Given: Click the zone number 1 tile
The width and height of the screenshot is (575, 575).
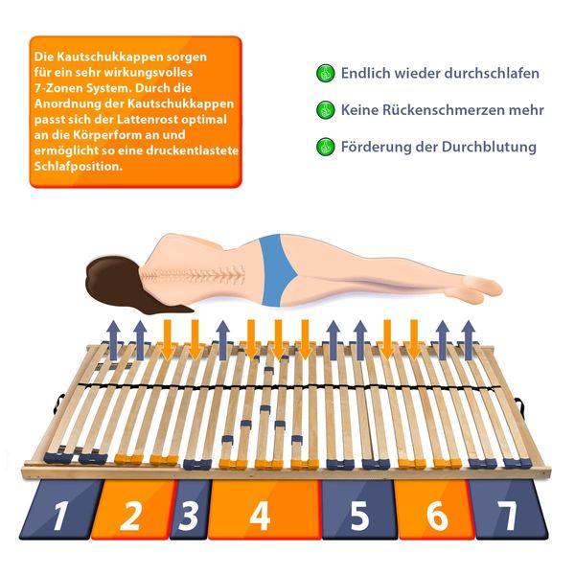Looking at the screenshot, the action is click(61, 510).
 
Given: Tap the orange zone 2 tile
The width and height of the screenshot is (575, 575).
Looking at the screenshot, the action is click(133, 510).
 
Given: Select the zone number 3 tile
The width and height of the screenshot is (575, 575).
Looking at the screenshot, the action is click(191, 510).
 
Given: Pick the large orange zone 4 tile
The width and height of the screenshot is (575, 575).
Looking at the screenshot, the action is click(264, 510).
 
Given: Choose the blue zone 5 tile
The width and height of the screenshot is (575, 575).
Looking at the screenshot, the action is click(358, 510).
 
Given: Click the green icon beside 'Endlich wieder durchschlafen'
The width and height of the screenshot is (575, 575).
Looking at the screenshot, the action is click(325, 73).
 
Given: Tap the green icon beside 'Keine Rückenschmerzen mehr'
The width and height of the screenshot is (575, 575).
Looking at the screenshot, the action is click(325, 109).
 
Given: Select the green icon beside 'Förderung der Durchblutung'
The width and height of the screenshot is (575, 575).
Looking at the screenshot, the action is click(325, 147).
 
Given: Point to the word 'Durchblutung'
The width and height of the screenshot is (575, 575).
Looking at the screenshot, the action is click(489, 147).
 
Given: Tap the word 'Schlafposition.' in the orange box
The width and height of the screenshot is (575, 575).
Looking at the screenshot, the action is click(79, 166).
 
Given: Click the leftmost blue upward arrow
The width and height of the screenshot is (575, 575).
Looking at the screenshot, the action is click(114, 340).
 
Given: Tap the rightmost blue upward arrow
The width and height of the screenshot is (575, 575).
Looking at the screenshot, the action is click(469, 340).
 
